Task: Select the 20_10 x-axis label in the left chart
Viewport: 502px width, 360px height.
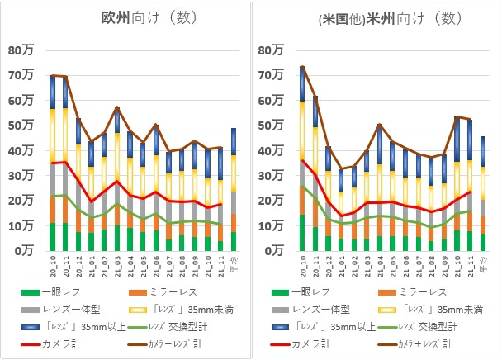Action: coord(53,263)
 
